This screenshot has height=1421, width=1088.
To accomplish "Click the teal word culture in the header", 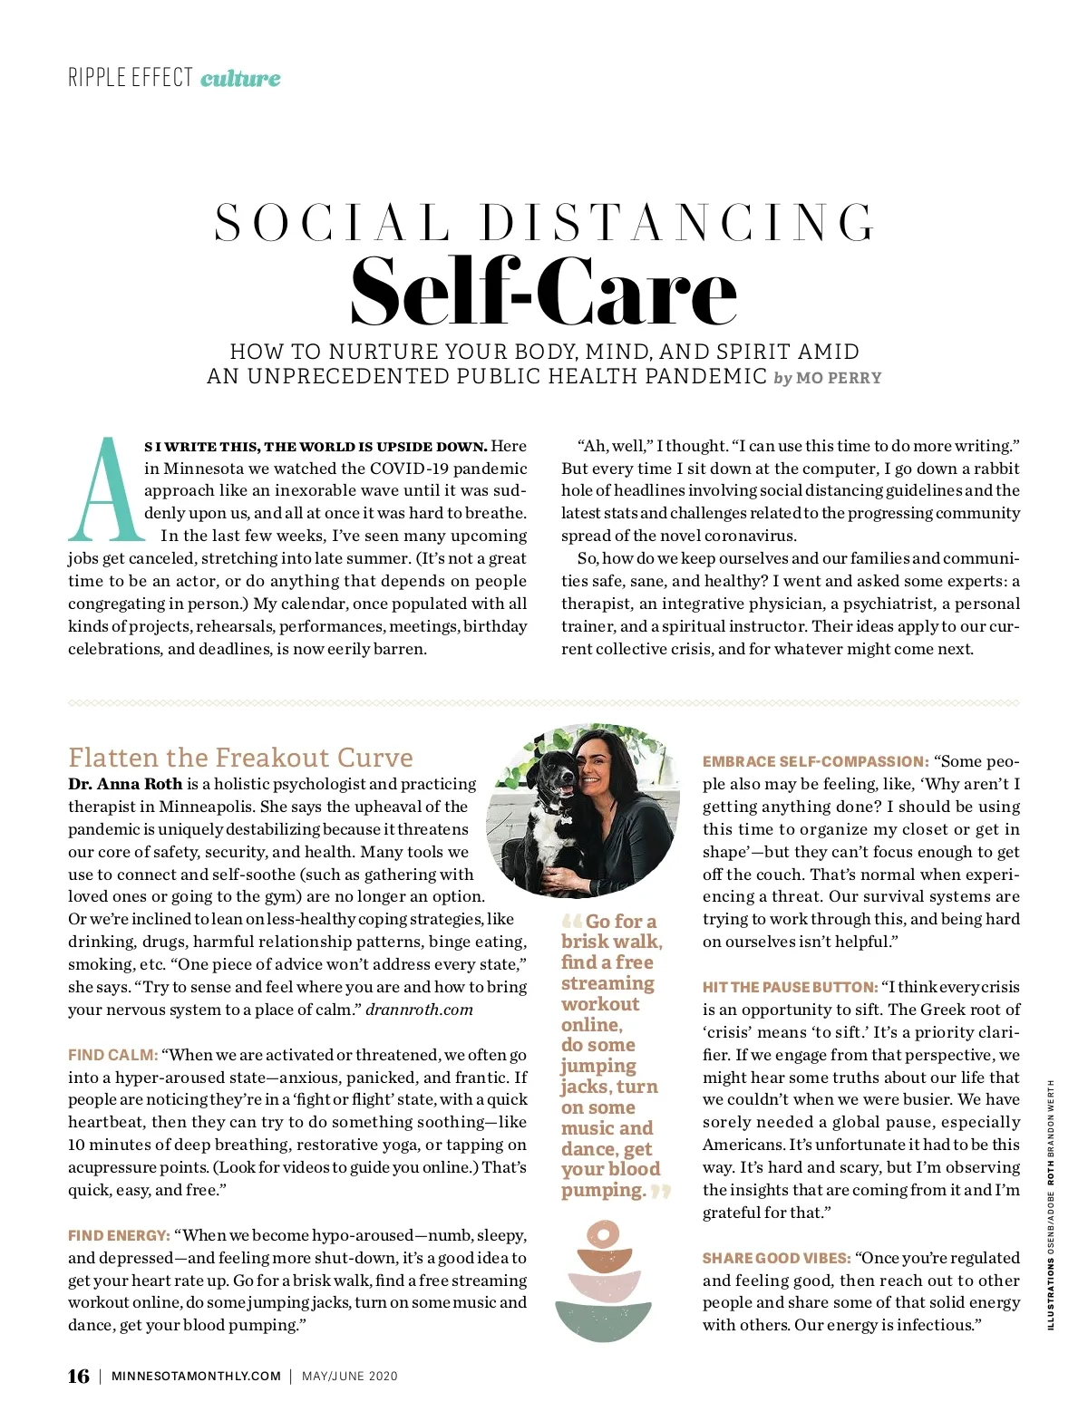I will coord(240,78).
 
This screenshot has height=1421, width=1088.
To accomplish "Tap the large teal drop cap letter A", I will coord(105,491).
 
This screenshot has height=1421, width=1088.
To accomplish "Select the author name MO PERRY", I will coord(839,378).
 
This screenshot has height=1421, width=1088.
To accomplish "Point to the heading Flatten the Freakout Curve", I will coord(240,758).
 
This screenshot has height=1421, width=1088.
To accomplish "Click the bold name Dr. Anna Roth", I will coord(125,784).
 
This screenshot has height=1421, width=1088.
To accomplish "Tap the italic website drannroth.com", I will coord(419,1010).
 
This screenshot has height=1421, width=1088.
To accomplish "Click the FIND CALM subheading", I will coord(113,1055).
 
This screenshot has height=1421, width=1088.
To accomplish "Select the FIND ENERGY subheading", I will coord(119,1235).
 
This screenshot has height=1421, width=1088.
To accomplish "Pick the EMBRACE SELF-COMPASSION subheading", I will coord(815,762).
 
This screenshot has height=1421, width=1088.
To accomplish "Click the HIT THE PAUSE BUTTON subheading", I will coord(790,987).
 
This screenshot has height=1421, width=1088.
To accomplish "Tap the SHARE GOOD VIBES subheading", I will coord(776,1258).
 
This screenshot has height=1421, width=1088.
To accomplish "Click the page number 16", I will coord(79,1376).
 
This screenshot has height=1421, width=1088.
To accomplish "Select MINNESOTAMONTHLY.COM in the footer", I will coord(196,1377).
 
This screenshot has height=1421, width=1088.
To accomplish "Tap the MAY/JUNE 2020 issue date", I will coord(350,1377).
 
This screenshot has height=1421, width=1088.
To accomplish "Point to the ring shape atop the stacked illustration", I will coord(603,1233).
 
